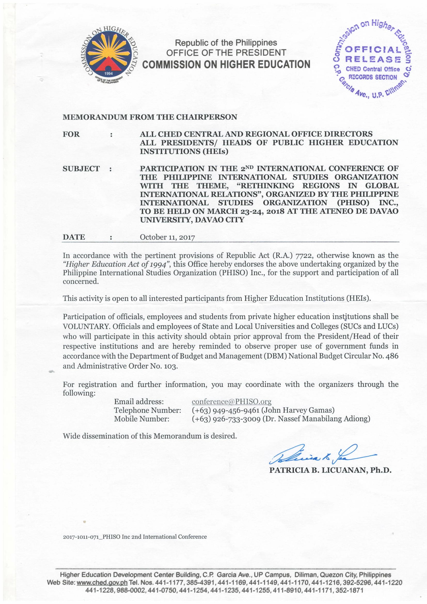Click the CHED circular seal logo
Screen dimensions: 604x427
pos(109,55)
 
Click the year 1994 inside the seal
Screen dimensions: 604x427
pos(109,73)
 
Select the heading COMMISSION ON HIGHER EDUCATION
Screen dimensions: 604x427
pos(226,65)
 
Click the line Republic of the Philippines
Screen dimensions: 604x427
pos(226,43)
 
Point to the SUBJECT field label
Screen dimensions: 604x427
pos(81,169)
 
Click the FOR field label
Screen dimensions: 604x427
pos(71,134)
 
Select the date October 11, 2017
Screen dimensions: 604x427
pos(167,237)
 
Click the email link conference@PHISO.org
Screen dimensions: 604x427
pos(231,402)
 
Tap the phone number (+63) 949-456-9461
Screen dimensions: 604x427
pos(226,410)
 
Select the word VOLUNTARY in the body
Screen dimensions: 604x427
pos(86,326)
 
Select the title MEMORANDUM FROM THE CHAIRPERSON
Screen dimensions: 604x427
pos(150,117)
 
